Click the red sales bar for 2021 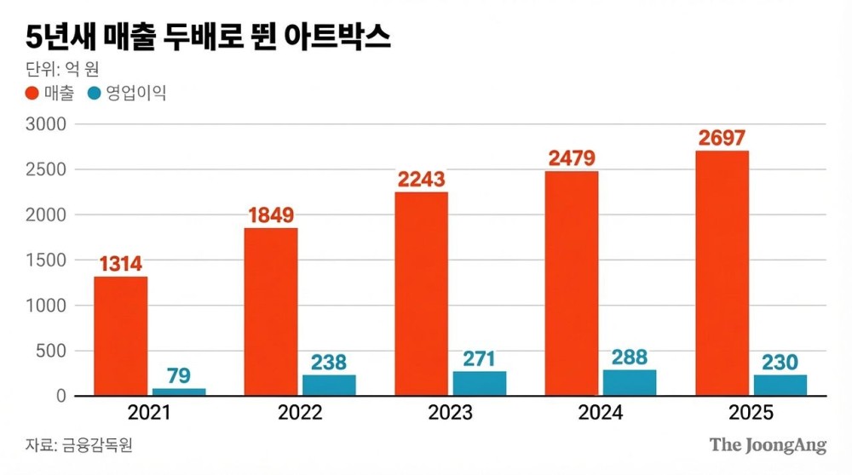tap(120, 336)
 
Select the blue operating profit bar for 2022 tap(329, 385)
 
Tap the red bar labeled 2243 tap(421, 294)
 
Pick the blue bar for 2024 tap(630, 383)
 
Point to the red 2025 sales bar tap(722, 273)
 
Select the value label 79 tap(179, 375)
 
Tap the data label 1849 tap(271, 215)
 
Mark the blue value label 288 tap(630, 357)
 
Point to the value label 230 tap(780, 362)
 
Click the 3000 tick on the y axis tap(47, 124)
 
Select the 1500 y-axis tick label tap(47, 260)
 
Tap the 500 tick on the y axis tap(51, 351)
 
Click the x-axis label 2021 tap(149, 414)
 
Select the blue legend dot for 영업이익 tap(95, 94)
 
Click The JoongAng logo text tap(768, 445)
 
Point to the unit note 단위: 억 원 tap(62, 69)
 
